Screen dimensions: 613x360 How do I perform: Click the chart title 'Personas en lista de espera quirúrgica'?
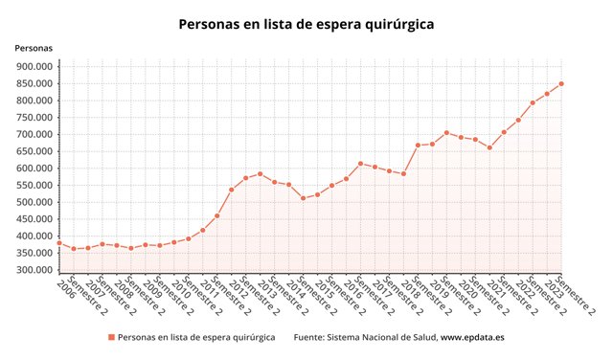pyautogui.click(x=306, y=25)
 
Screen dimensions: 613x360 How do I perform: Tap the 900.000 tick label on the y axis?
pyautogui.click(x=34, y=66)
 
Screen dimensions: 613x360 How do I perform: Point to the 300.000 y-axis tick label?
pyautogui.click(x=34, y=270)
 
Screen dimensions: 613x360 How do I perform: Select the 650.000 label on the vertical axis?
pyautogui.click(x=34, y=151)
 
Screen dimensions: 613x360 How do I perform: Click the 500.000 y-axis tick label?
pyautogui.click(x=34, y=202)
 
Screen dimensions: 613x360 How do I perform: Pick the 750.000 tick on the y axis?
pyautogui.click(x=34, y=117)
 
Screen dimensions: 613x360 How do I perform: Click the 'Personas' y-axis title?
pyautogui.click(x=34, y=48)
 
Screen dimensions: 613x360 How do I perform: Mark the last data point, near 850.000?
pyautogui.click(x=561, y=83)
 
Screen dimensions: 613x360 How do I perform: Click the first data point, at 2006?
pyautogui.click(x=59, y=243)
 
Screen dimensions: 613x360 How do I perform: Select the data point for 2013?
pyautogui.click(x=260, y=174)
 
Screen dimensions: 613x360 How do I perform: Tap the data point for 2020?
pyautogui.click(x=461, y=137)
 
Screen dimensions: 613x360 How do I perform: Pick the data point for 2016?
pyautogui.click(x=346, y=179)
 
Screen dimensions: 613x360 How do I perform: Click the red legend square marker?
pyautogui.click(x=112, y=337)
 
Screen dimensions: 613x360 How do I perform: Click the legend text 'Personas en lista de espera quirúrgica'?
pyautogui.click(x=196, y=337)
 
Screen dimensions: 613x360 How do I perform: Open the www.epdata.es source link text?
pyautogui.click(x=472, y=337)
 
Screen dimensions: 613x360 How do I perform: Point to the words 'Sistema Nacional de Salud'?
pyautogui.click(x=381, y=337)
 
